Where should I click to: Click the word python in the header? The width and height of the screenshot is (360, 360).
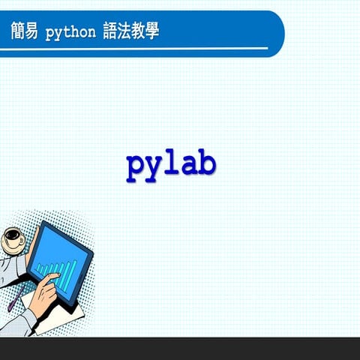point(70,33)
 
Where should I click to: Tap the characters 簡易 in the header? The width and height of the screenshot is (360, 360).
point(24,32)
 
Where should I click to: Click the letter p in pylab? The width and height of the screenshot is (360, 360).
point(136,166)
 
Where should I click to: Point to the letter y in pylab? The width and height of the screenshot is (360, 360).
point(154,166)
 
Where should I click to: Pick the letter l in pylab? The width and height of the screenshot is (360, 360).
point(172,163)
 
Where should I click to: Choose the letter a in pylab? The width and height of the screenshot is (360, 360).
point(189,165)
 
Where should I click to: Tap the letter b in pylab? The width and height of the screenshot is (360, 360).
point(207,163)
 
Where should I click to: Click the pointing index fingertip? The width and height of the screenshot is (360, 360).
point(58,277)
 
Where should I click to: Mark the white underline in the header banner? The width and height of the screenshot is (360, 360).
point(135,48)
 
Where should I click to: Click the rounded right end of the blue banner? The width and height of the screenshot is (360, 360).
point(277,34)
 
